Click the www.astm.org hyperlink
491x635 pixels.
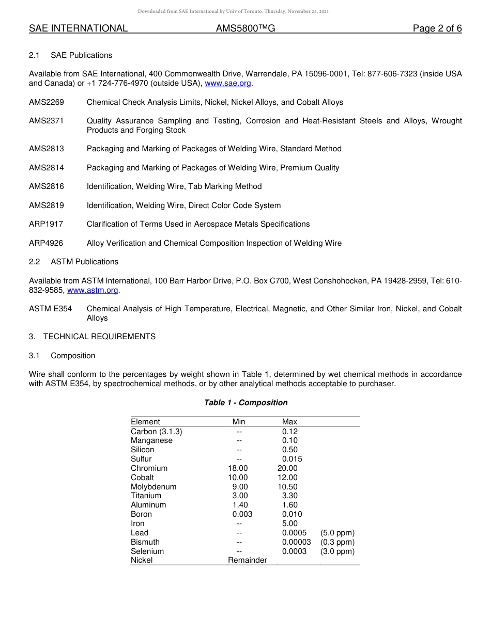coord(93,290)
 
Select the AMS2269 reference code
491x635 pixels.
coord(47,102)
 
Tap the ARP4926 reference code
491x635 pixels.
coord(47,243)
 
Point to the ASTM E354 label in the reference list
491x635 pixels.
coord(50,309)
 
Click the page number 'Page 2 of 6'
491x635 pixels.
coord(437,28)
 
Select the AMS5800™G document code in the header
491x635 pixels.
coord(245,28)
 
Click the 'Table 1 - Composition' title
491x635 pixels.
coord(245,403)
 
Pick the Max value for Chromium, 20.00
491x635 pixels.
coord(287,468)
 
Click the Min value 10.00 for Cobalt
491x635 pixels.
coord(238,478)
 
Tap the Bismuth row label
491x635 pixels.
coord(145,542)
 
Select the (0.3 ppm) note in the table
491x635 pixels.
coord(337,542)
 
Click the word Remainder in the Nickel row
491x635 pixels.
coord(248,560)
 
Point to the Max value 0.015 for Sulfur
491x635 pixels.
coord(292,459)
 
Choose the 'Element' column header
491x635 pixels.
coord(145,422)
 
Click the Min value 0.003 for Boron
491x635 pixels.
coord(242,514)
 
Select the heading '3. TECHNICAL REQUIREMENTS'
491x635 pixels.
coord(92,337)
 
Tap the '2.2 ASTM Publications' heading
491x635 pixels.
coord(73,262)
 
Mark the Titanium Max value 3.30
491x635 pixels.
coord(290,496)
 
